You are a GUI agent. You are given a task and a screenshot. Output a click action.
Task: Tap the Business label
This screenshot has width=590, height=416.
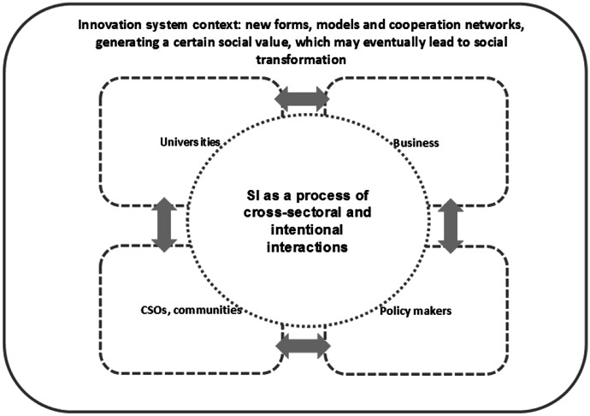tap(416, 143)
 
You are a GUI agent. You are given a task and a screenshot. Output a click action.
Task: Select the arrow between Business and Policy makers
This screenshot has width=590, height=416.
tap(450, 227)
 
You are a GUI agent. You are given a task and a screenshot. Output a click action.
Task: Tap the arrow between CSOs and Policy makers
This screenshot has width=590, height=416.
tap(303, 346)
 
